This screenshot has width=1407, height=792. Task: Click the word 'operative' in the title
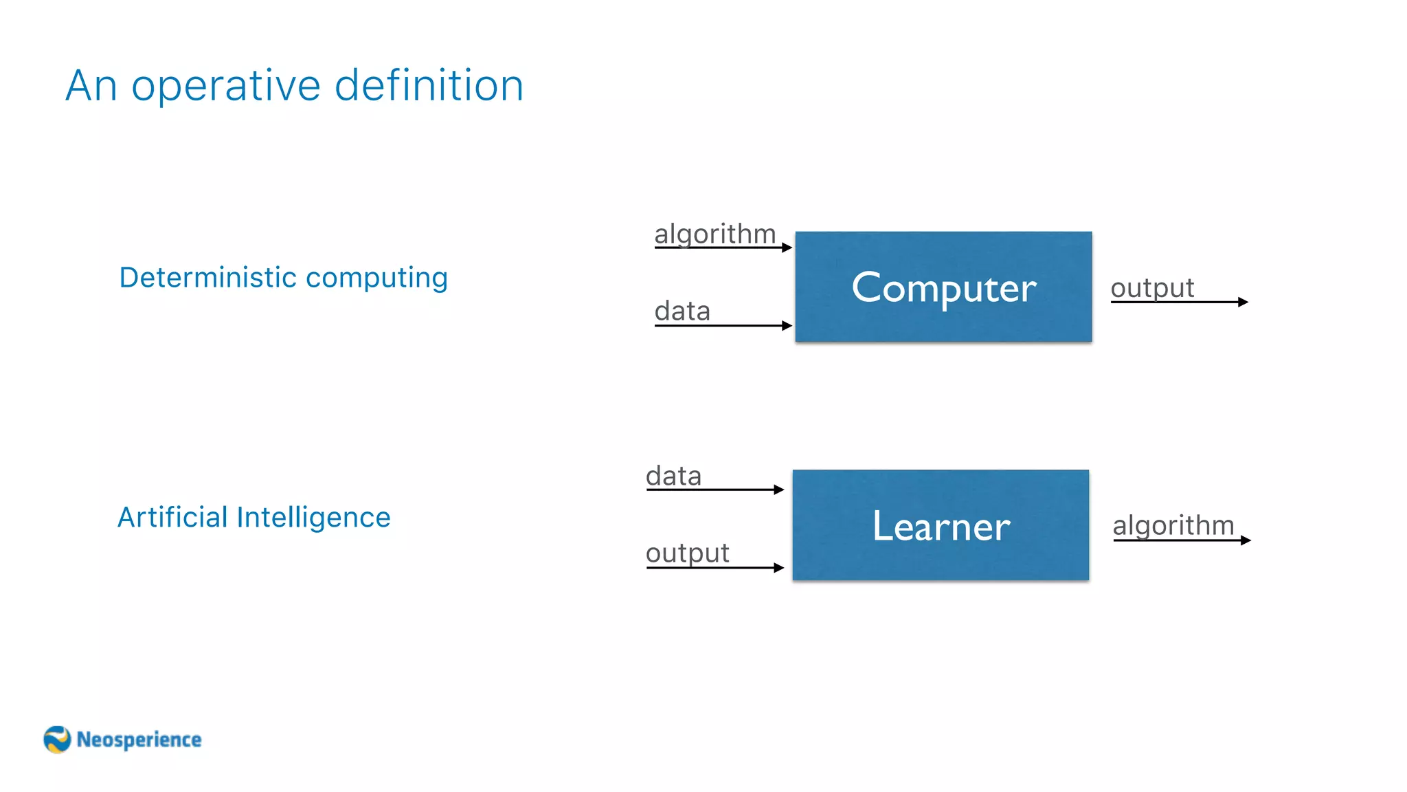pos(226,87)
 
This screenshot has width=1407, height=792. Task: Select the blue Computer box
pos(943,287)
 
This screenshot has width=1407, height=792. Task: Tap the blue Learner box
pos(941,525)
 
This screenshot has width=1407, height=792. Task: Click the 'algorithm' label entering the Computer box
pos(714,234)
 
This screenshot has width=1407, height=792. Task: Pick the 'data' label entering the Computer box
pos(682,311)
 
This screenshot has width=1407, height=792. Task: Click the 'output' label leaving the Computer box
pos(1152,288)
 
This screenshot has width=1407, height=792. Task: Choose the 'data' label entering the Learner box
pos(673,476)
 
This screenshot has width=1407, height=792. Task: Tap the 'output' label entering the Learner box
pos(687,553)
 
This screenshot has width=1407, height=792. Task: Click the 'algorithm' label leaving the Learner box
pos(1173,526)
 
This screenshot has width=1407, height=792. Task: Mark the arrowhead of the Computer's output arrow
pos(1243,302)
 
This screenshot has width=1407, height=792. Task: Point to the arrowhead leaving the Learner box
pos(1246,540)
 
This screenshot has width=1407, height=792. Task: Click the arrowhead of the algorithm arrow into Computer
pos(787,247)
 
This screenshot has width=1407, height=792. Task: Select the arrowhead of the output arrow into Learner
pos(779,568)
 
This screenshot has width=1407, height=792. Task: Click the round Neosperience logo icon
pos(57,740)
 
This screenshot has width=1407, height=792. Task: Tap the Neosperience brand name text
pos(139,740)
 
